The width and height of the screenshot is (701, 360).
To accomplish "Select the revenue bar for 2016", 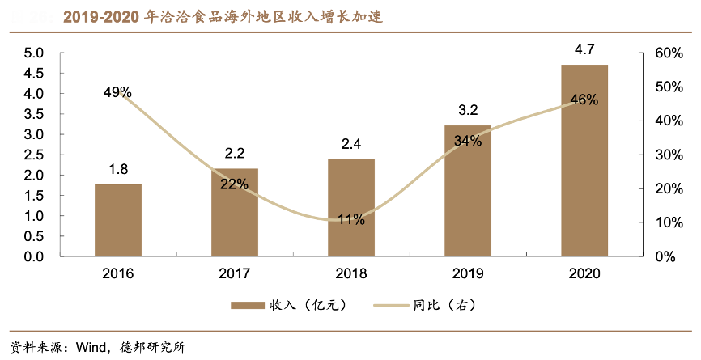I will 118,220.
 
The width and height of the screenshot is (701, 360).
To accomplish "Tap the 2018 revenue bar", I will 351,208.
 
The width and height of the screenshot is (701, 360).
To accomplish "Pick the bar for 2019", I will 468,191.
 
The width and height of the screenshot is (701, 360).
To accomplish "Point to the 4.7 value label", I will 584,50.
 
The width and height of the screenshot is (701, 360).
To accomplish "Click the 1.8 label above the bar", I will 118,169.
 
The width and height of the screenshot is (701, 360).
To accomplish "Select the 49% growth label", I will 117,92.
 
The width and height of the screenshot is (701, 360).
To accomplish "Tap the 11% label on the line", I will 350,220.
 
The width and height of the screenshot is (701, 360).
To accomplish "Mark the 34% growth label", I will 468,141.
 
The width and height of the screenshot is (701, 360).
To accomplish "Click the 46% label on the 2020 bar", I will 584,100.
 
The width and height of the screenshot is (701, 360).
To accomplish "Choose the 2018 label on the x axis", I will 351,273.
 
